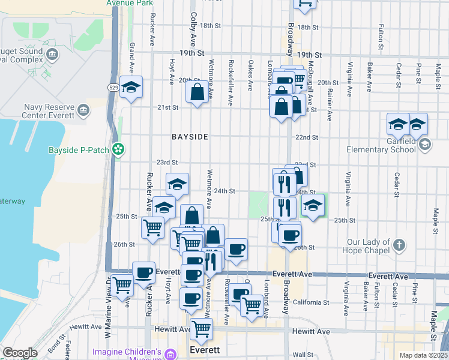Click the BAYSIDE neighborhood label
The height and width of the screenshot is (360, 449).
(x=190, y=137)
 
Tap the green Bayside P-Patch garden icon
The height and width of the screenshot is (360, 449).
(x=119, y=148)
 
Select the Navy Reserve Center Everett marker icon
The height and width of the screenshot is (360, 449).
(x=83, y=110)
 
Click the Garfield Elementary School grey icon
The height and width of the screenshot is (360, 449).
(x=425, y=143)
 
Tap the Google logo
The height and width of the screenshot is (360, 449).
(x=20, y=353)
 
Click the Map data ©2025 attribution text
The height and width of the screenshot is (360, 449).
(x=423, y=355)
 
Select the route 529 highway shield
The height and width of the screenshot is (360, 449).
(x=113, y=88)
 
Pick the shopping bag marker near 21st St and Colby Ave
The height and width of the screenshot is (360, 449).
(x=197, y=93)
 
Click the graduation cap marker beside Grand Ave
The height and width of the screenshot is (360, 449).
(x=130, y=87)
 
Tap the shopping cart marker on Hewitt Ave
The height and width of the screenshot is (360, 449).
(x=201, y=329)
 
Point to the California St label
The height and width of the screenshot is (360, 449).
(x=311, y=302)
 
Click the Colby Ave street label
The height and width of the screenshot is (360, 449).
(x=193, y=29)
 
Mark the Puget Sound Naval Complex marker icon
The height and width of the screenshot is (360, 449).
(x=52, y=55)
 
